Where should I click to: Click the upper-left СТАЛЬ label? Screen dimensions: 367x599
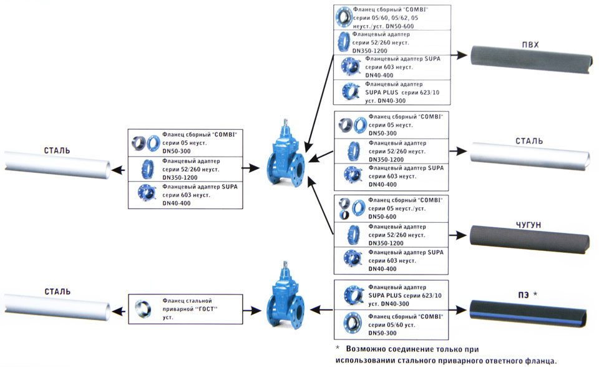pos(57,150)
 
